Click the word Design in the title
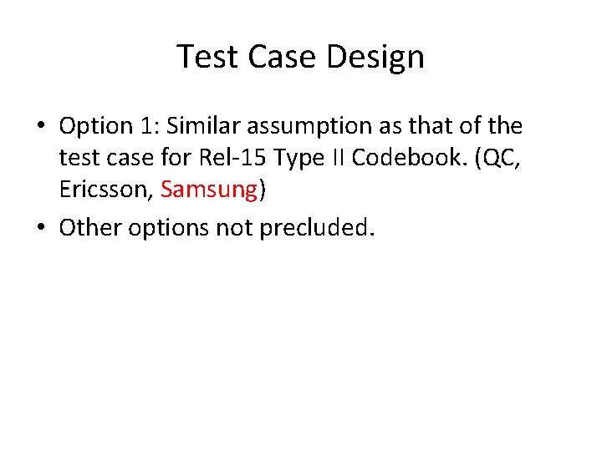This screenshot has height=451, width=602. [376, 57]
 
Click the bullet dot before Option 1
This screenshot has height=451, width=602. [39, 127]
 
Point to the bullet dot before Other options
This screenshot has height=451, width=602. [39, 227]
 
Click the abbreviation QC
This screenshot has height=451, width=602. [503, 159]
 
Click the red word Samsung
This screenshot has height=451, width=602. [209, 190]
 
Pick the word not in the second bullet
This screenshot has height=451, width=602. [236, 226]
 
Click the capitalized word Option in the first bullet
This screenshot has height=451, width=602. [95, 127]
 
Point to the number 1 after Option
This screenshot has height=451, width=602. [147, 126]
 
